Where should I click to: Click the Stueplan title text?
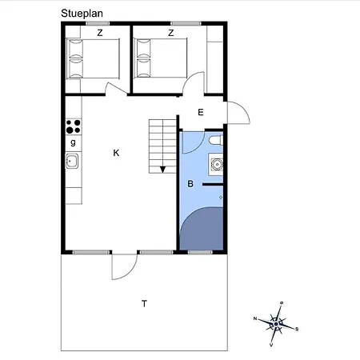coord(82,14)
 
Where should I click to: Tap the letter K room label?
coord(116,153)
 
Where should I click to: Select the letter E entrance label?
coord(201,112)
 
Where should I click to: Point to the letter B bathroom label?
coord(190,184)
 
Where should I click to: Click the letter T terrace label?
coord(144,303)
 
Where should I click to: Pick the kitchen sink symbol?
coord(72,161)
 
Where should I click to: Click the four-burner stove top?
coord(74,126)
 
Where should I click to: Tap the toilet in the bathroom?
coord(216,140)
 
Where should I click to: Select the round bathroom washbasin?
coord(217,164)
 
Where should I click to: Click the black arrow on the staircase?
coord(162,170)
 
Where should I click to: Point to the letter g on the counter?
coord(73,142)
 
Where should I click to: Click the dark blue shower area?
coord(202,229)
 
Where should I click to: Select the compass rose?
coord(276,324)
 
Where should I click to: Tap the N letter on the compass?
coord(255,318)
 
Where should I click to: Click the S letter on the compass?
coord(297,329)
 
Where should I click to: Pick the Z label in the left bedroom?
coord(100,33)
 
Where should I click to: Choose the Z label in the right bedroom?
coord(171,33)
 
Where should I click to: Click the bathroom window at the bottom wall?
coord(200,252)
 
